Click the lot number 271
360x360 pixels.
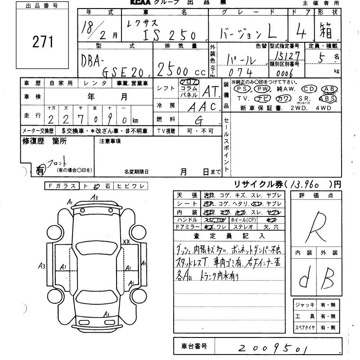43,42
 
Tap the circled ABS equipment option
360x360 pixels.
327,98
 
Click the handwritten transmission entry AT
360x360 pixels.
209,92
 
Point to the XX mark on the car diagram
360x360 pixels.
126,241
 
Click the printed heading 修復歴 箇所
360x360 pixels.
45,141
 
